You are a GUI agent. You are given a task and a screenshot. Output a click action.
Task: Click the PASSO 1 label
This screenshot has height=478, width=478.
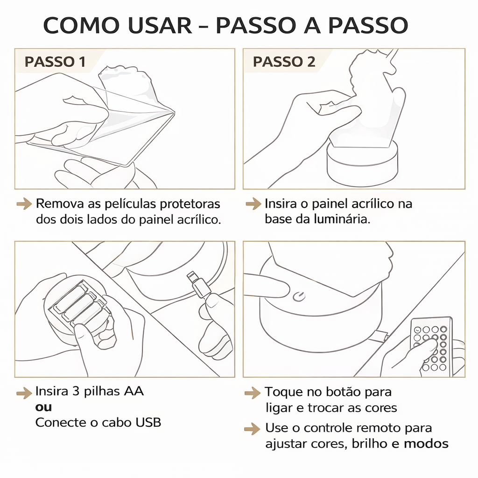coord(55,62)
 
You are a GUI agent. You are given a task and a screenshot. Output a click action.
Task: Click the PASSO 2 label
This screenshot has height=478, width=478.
coord(284,62)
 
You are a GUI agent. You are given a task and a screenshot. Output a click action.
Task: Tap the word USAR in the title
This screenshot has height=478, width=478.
coord(160,25)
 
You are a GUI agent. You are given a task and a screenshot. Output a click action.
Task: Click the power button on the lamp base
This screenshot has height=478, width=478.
coord(298,296)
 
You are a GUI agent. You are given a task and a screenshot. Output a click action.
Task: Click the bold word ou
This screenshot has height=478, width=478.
coord(43,407)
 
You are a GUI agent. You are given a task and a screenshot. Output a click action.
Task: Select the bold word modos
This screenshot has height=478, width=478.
coord(426,443)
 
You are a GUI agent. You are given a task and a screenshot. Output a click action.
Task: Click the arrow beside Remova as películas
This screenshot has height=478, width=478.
coord(24,204)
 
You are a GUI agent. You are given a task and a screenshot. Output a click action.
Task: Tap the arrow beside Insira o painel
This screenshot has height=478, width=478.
coord(253,204)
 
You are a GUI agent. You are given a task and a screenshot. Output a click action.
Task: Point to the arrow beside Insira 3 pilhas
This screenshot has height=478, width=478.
coord(24,393)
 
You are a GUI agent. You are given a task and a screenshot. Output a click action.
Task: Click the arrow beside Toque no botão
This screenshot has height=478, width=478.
coord(253,393)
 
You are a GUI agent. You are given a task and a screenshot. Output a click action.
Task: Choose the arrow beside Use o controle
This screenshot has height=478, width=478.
coord(253,429)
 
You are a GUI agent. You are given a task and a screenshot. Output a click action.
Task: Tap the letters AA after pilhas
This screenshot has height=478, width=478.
coord(134,391)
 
